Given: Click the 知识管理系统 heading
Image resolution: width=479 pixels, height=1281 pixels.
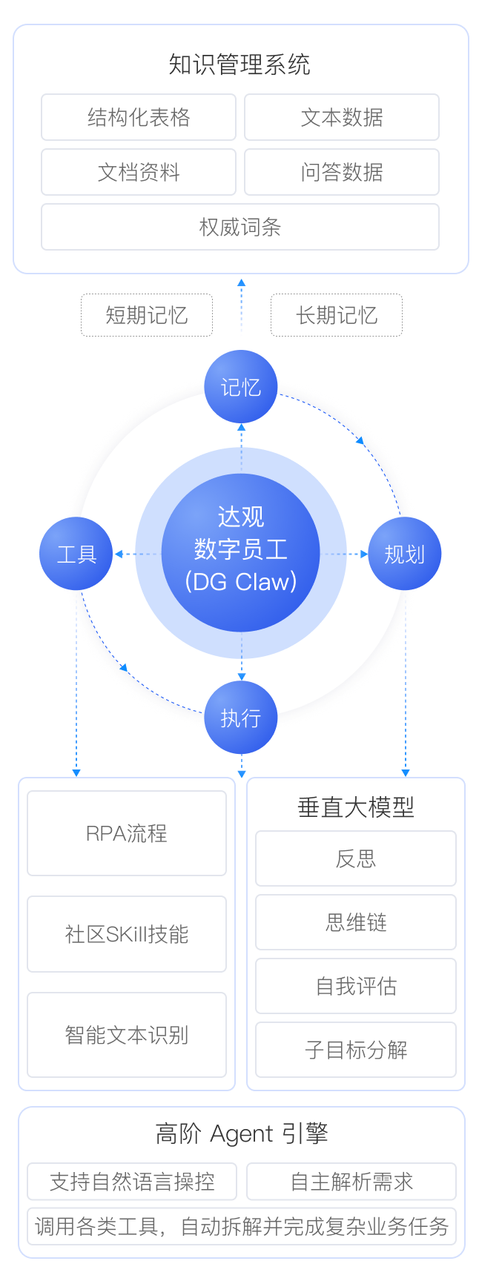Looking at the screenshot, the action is click(x=239, y=65).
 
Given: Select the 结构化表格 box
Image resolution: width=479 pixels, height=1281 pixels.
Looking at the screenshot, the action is click(x=139, y=117).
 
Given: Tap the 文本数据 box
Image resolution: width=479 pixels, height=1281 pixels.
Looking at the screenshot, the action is click(x=342, y=117).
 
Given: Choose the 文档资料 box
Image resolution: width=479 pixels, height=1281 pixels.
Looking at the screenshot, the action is click(x=139, y=172).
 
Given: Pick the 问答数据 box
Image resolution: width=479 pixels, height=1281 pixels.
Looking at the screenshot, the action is click(x=342, y=172).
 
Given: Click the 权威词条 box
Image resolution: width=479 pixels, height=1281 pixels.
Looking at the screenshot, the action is click(x=240, y=227).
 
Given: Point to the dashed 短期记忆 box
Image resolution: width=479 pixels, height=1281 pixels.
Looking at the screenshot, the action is click(x=147, y=315).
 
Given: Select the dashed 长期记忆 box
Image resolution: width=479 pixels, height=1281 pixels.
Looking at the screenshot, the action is click(x=337, y=315).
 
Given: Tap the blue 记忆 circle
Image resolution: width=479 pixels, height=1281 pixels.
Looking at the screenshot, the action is click(x=241, y=387).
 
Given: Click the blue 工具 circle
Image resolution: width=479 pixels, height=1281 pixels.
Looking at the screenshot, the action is click(x=76, y=554).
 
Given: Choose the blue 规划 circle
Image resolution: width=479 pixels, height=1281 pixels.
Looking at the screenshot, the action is click(x=405, y=554).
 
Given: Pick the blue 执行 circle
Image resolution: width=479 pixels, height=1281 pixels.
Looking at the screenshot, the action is click(x=241, y=718).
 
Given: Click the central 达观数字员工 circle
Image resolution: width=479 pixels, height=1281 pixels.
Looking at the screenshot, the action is click(x=241, y=553).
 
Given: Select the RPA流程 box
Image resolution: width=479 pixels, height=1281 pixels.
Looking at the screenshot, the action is click(x=127, y=833).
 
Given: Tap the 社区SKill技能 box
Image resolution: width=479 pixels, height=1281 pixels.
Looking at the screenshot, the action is click(x=127, y=934).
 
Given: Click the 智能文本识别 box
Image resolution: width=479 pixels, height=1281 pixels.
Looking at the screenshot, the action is click(x=127, y=1035).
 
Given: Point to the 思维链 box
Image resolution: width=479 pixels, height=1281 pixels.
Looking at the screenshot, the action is click(x=356, y=922).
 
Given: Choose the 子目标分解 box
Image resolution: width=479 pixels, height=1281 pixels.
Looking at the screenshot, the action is click(x=356, y=1050).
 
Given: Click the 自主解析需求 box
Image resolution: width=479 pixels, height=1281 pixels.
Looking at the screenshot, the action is click(x=351, y=1182).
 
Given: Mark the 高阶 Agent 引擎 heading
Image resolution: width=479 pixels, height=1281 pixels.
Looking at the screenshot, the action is click(x=242, y=1134).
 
